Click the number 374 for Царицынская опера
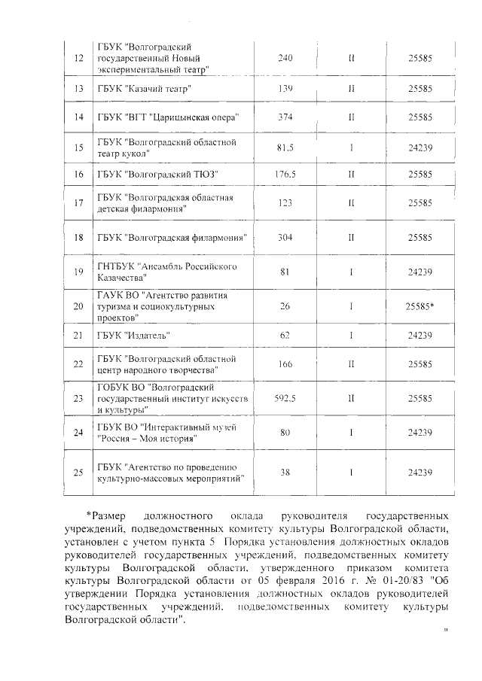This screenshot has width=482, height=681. [285, 117]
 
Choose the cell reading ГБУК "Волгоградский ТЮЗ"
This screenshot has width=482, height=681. [157, 175]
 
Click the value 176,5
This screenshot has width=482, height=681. [285, 175]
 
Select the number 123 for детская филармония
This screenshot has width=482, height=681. [285, 203]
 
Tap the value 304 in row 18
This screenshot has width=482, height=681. [285, 237]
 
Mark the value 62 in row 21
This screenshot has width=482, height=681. [285, 335]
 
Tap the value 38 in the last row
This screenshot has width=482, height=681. [285, 472]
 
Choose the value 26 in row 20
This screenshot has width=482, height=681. [285, 307]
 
